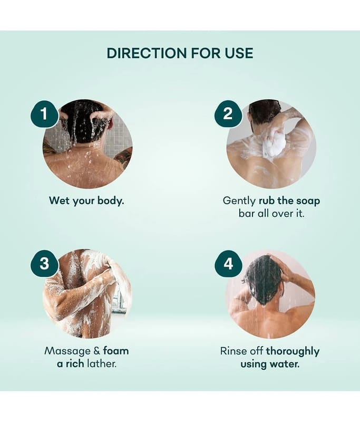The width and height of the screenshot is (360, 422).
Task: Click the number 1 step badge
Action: coord(44,114)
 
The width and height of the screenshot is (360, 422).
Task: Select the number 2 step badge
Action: coord(228,114)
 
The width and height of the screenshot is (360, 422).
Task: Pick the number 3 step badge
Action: coord(44,263)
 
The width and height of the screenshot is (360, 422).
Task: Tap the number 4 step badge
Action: coord(228,263)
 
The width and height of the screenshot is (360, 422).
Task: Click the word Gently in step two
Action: coord(239,201)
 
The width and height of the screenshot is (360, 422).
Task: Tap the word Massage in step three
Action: coord(67,351)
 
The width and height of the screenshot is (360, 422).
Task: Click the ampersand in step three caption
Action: coord(97,351)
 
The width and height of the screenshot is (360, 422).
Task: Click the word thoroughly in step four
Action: coord(293,351)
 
